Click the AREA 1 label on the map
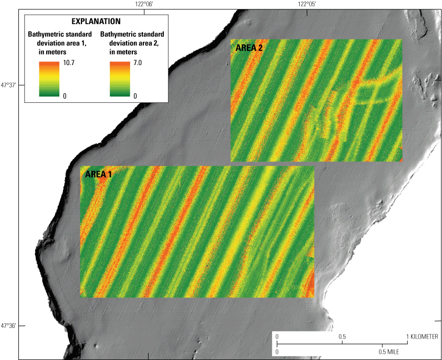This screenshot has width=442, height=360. (98, 174)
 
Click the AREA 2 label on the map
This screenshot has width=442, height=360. (249, 48)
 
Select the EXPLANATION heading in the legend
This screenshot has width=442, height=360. (96, 22)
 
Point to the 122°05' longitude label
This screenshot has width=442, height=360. (307, 4)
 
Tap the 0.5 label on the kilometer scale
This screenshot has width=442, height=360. (342, 336)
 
